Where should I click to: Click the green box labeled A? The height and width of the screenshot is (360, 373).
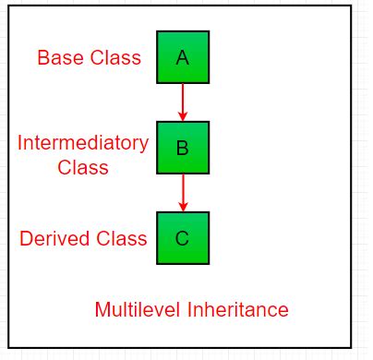(x=182, y=57)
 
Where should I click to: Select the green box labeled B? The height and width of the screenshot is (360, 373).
(x=182, y=148)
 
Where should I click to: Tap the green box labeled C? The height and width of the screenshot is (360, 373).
(x=182, y=238)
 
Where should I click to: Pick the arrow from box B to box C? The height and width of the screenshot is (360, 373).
(x=183, y=192)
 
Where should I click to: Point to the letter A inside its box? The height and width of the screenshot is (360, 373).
(x=182, y=57)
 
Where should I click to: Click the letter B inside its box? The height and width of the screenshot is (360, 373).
(x=182, y=148)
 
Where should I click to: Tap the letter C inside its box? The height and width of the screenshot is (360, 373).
(x=182, y=238)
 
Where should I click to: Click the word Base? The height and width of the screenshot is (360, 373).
(x=59, y=57)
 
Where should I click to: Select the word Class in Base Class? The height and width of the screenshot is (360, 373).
(x=114, y=57)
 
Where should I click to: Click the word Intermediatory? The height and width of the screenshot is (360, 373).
(x=83, y=143)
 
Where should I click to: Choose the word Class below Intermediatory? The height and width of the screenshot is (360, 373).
(x=83, y=167)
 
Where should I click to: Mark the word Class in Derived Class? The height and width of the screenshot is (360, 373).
(x=120, y=239)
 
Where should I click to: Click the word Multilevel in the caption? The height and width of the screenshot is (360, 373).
(x=135, y=309)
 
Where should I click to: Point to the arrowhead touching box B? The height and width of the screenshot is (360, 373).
(x=183, y=115)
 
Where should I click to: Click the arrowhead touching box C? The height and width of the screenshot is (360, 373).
(x=183, y=206)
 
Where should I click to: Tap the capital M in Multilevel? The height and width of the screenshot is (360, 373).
(x=102, y=309)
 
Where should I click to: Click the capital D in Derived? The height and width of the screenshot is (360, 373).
(x=26, y=239)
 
